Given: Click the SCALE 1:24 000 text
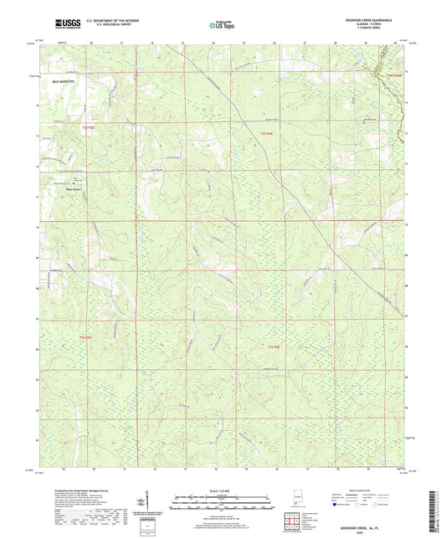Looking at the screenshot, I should pyautogui.click(x=223, y=490).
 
